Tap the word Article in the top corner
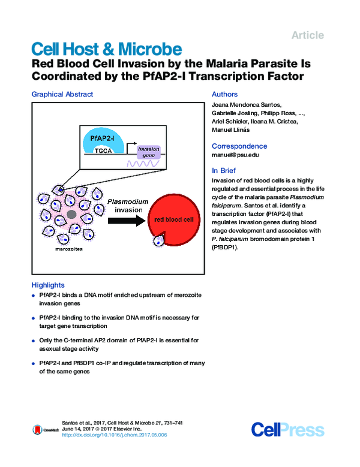[307, 35]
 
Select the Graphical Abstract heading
[62, 94]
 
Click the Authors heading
[225, 94]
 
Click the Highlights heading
[47, 285]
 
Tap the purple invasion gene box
[146, 151]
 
